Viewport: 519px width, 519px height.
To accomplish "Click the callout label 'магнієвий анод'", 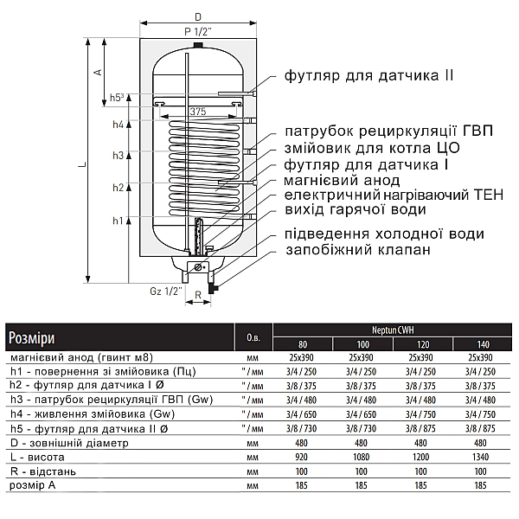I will pyautogui.click(x=342, y=181).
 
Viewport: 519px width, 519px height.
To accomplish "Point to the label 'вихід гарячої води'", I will pyautogui.click(x=355, y=210).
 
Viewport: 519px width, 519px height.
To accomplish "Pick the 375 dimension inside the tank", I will pyautogui.click(x=198, y=112).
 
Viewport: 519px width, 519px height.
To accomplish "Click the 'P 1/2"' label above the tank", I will pyautogui.click(x=197, y=32).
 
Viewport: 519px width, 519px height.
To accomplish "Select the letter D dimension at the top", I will pyautogui.click(x=197, y=17).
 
